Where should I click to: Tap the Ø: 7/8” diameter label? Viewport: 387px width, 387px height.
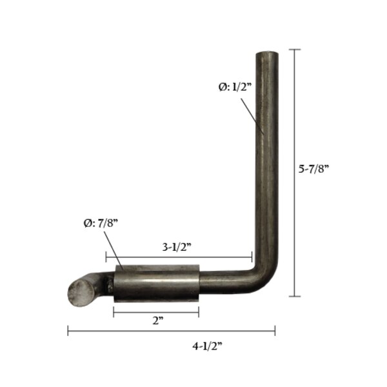100,223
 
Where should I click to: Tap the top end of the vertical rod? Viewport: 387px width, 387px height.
268,55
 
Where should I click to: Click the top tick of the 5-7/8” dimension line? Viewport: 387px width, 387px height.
295,50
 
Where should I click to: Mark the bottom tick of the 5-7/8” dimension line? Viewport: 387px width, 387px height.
295,296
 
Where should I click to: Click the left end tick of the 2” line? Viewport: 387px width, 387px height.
114,312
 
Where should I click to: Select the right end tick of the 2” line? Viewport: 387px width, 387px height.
199,312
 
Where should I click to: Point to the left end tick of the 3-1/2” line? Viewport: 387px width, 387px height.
106,257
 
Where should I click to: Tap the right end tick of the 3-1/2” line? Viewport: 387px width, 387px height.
252,257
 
